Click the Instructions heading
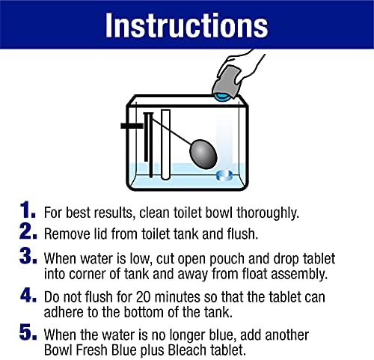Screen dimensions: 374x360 pos(186,25)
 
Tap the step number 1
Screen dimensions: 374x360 pos(28,210)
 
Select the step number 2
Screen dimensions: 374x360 pos(28,231)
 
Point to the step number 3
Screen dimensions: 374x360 pos(28,255)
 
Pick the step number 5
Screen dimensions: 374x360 pos(28,332)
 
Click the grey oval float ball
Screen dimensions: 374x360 pos(203,154)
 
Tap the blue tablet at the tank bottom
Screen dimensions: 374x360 pos(224,175)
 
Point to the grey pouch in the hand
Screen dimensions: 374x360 pos(227,82)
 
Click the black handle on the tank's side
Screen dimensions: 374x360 pos(132,126)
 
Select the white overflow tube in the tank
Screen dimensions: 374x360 pos(165,144)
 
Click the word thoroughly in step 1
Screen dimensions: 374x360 pos(268,213)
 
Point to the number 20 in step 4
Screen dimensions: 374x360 pos(143,297)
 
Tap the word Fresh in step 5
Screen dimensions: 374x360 pos(92,350)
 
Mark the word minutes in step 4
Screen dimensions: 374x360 pos(177,297)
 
